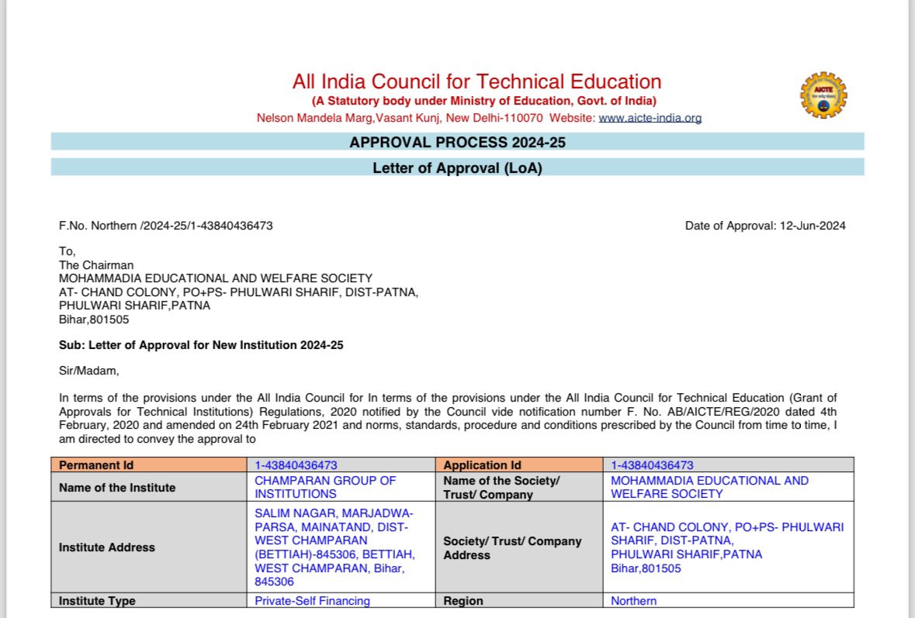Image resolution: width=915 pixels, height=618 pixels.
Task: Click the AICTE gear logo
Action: point(823,95)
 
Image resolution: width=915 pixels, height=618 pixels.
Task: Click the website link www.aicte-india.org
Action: point(650,119)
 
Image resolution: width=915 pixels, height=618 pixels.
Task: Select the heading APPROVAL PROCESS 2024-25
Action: point(457,143)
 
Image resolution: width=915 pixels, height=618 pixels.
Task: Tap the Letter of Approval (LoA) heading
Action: point(457,167)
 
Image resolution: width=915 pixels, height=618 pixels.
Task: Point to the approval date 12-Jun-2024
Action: point(813,226)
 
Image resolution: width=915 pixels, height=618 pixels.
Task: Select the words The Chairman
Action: point(96,265)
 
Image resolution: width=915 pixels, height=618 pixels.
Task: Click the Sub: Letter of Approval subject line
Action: point(201,345)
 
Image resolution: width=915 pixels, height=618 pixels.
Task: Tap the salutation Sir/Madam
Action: point(89,371)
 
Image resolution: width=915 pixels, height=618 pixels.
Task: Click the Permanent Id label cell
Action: point(96,465)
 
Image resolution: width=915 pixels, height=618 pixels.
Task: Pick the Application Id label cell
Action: point(482,465)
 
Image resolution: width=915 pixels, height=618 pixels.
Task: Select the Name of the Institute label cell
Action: point(117,488)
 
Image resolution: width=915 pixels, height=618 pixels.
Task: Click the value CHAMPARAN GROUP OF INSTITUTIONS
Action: point(325,487)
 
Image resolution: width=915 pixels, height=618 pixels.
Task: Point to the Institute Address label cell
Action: point(107,547)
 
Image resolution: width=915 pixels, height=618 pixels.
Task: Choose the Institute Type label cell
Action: point(97,601)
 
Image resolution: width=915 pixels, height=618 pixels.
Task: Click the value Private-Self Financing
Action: point(312,601)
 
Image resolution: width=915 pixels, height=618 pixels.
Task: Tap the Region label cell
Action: point(463,601)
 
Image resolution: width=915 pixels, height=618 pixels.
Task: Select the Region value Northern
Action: point(633,601)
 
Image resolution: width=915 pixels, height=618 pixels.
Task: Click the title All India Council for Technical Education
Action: point(477,81)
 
